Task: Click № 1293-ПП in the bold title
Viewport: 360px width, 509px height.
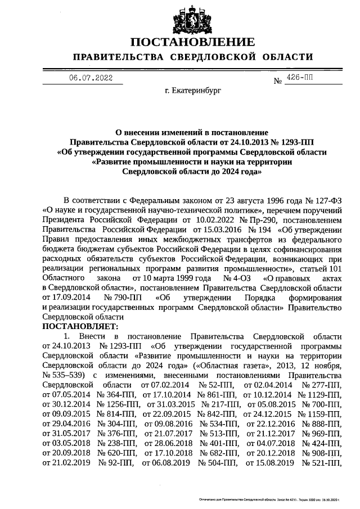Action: coord(290,142)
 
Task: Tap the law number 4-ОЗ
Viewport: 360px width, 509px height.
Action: coord(240,278)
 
